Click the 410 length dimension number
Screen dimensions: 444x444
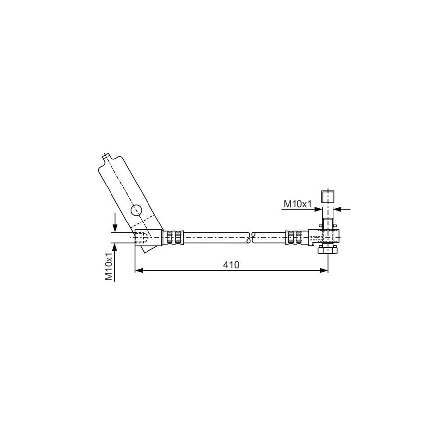[230, 265]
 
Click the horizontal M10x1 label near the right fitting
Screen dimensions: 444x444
[297, 203]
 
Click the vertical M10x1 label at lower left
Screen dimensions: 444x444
[109, 266]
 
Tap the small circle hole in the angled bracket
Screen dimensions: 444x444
[137, 211]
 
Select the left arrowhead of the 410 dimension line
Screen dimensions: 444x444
[138, 270]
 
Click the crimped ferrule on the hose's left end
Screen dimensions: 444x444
[173, 237]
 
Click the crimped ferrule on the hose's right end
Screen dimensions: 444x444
[295, 237]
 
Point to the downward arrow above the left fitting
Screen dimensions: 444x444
[115, 227]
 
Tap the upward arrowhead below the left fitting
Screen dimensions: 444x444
[115, 247]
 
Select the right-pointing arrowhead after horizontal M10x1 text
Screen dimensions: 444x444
[317, 209]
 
